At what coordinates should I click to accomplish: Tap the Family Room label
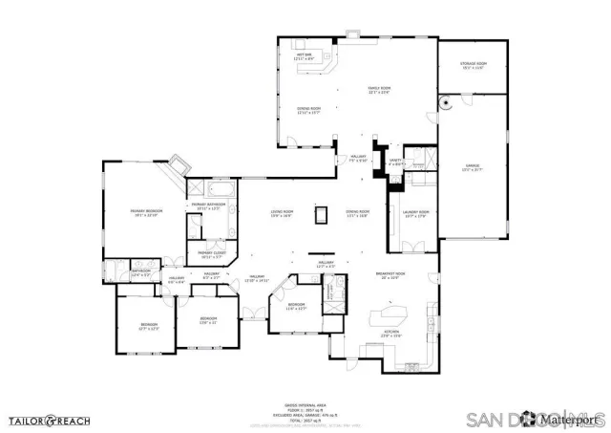click(380, 91)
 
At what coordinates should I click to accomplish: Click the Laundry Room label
click(415, 213)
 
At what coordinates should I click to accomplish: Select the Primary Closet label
click(211, 254)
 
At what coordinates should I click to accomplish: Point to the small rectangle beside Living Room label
click(322, 214)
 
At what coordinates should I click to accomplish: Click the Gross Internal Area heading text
click(305, 405)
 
